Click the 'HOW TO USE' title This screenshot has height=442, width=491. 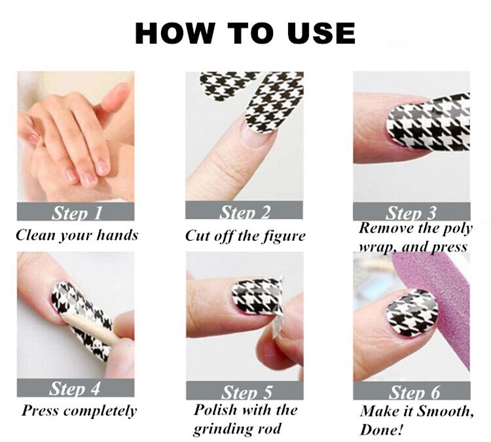[245, 33]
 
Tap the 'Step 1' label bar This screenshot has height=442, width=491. [75, 212]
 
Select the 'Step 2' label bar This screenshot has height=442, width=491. [244, 210]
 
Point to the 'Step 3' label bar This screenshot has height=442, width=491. [412, 212]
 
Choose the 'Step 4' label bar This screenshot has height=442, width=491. [75, 388]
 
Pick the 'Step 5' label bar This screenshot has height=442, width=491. [245, 390]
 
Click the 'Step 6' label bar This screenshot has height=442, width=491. [412, 390]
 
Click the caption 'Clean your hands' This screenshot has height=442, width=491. [77, 236]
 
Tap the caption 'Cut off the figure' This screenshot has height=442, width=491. [245, 236]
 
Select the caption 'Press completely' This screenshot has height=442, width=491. [79, 411]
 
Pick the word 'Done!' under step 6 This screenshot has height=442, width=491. [381, 430]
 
